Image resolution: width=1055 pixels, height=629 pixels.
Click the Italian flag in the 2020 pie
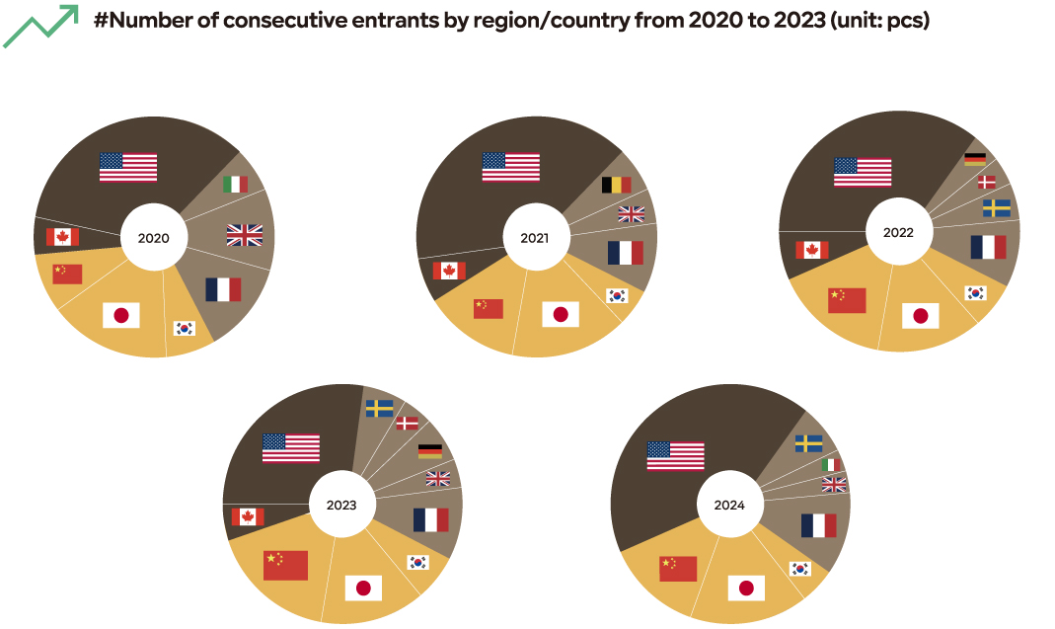235,185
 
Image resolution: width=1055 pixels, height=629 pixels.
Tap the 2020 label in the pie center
153,238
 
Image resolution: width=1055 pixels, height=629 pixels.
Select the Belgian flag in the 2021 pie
616,185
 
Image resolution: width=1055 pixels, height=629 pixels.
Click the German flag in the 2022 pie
975,158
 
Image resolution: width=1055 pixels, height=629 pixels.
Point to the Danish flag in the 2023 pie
407,423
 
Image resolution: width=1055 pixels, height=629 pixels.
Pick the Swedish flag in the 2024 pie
809,443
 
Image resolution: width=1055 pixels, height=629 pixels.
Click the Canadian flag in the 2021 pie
449,271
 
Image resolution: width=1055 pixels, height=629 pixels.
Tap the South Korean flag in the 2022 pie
975,292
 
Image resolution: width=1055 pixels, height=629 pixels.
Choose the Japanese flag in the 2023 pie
363,589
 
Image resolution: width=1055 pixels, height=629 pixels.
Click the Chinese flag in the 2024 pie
678,568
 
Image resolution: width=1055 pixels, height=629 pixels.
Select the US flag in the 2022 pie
863,172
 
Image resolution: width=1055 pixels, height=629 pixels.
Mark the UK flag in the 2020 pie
245,235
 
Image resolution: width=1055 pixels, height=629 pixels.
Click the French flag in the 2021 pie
626,253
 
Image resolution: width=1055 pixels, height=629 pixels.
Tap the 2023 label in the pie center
341,506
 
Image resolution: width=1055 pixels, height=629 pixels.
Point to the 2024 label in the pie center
729,506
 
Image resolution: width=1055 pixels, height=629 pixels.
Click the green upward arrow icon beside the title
40,27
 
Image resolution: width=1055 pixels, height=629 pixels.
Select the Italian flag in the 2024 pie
832,464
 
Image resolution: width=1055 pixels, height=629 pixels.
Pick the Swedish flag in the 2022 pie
996,208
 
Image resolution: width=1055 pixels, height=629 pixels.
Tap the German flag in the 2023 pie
430,451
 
